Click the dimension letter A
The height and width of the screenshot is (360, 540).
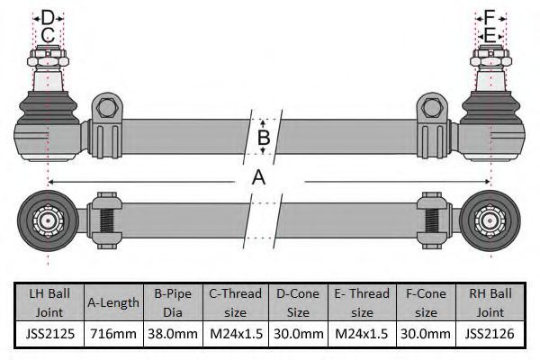click(259, 178)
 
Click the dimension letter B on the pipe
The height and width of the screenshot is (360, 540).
click(264, 137)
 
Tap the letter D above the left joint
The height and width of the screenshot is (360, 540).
click(48, 17)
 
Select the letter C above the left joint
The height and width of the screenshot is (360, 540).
click(48, 35)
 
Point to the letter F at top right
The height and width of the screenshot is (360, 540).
click(490, 17)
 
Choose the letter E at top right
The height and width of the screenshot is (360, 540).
click(490, 35)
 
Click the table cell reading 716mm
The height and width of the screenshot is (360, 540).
click(113, 334)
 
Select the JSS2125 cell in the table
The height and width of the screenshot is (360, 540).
click(49, 334)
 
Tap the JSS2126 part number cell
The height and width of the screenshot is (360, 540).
click(490, 334)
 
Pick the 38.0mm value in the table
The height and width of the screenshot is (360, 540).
click(173, 334)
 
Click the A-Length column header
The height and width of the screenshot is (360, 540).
click(113, 302)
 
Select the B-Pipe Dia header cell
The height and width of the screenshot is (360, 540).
click(173, 302)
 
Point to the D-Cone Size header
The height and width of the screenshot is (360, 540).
click(298, 302)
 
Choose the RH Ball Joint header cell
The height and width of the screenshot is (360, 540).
click(490, 302)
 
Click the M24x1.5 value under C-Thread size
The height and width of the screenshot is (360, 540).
click(236, 334)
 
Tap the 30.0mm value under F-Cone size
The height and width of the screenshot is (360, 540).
click(426, 334)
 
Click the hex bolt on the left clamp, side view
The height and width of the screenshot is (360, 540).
click(107, 108)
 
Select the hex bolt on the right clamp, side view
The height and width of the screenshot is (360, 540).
click(431, 108)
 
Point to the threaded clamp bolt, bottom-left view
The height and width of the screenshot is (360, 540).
click(107, 220)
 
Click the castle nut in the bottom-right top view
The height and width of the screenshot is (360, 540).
click(489, 220)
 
